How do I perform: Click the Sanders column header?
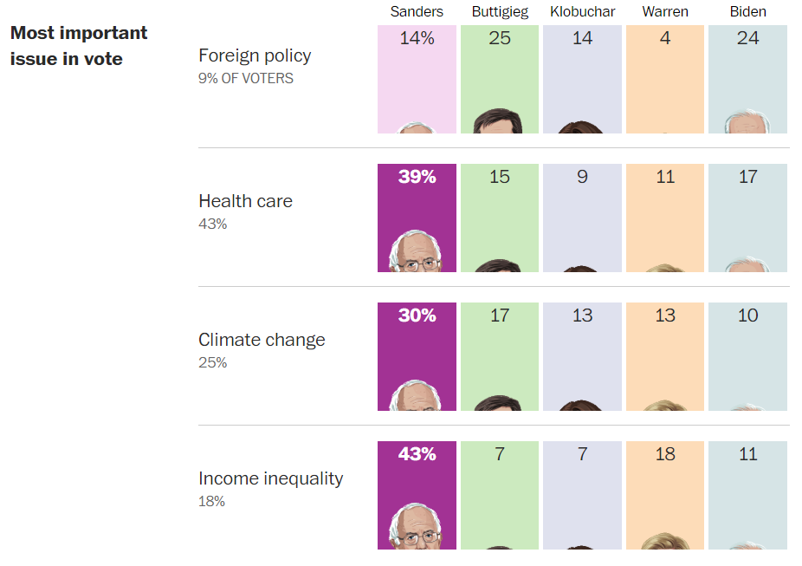click(x=417, y=12)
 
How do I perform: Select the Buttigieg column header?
click(x=500, y=12)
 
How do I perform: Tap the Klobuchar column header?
click(x=583, y=12)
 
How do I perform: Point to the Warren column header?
click(x=665, y=12)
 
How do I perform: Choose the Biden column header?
click(x=747, y=12)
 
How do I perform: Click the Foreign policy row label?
click(x=255, y=55)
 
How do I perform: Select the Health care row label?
click(x=245, y=201)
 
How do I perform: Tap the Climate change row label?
click(x=262, y=340)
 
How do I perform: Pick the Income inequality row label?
click(x=270, y=478)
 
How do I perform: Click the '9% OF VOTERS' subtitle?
click(x=246, y=79)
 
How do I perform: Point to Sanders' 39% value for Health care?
click(x=417, y=177)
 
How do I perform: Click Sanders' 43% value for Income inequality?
click(x=417, y=454)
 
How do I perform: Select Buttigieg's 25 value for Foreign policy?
click(x=500, y=38)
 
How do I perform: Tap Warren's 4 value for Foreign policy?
click(x=665, y=38)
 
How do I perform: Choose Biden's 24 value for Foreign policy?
click(x=747, y=38)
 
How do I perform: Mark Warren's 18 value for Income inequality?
click(x=665, y=454)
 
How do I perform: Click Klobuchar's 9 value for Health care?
click(x=583, y=177)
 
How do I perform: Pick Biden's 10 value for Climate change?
click(x=747, y=316)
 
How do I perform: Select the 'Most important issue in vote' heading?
click(x=79, y=46)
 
